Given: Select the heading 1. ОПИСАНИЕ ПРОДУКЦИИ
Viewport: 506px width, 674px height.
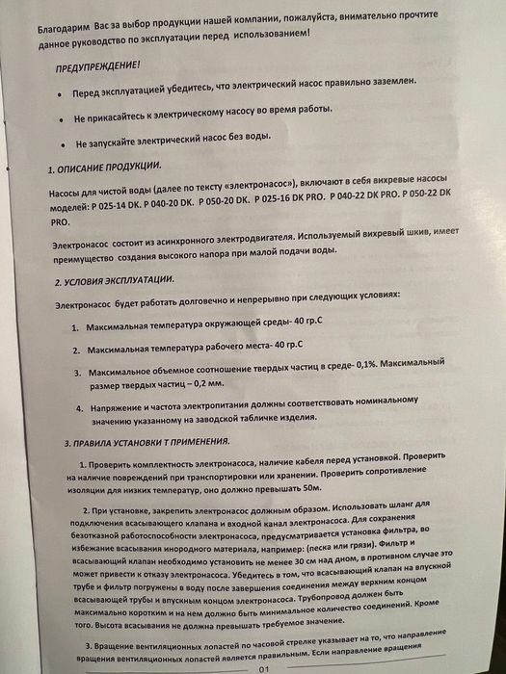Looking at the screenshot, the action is pos(106,168).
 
